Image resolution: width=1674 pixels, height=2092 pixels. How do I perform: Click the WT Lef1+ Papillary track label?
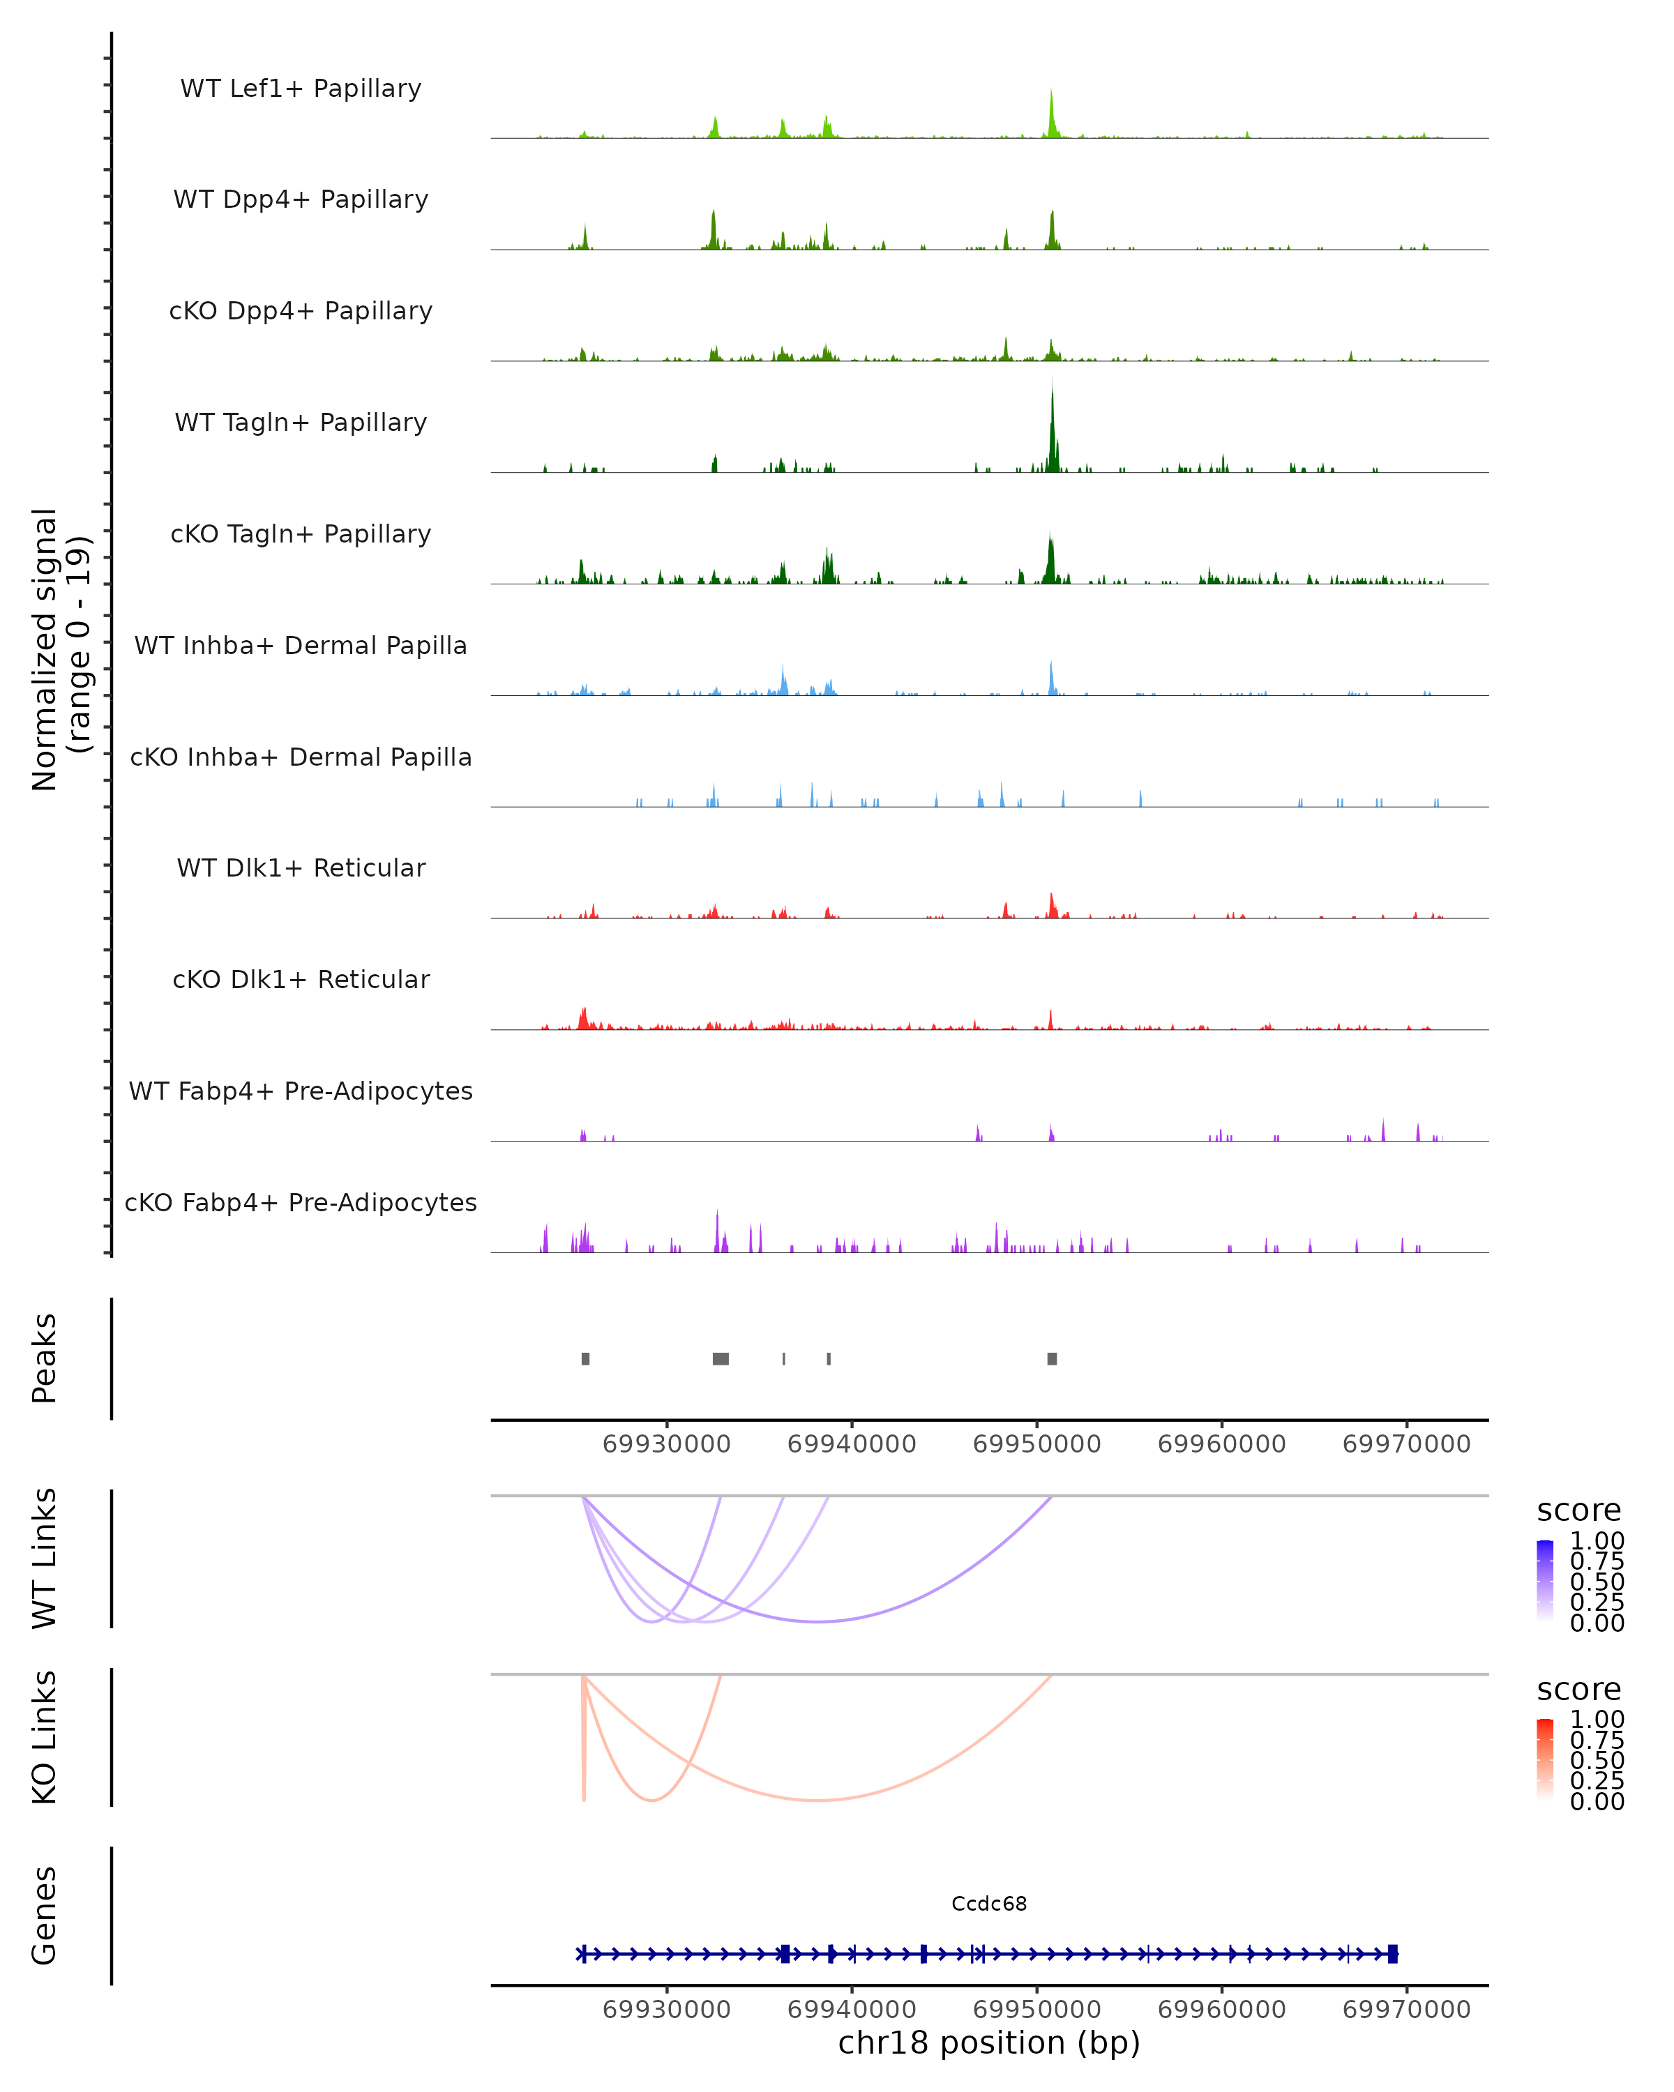[301, 89]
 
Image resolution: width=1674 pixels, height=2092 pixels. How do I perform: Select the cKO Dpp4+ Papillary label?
[301, 312]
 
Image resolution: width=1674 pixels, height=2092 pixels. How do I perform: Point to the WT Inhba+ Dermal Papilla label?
[301, 646]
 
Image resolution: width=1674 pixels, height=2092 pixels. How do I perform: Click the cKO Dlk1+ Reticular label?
[301, 980]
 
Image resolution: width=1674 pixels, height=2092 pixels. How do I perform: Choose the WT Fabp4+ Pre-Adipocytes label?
[301, 1091]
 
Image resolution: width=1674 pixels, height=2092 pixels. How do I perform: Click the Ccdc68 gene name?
[989, 1904]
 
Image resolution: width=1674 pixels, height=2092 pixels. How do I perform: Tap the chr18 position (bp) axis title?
[989, 2043]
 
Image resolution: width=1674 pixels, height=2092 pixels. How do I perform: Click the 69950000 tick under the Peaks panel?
[1036, 1445]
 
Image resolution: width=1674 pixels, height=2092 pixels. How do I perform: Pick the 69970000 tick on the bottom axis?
[1406, 2010]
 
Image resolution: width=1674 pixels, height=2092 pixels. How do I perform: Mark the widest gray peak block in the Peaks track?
[721, 1359]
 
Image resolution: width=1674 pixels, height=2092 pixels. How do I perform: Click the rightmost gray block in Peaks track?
[1052, 1359]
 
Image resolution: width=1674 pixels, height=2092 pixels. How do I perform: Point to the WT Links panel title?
[45, 1559]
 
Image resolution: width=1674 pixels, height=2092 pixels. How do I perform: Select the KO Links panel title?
[45, 1737]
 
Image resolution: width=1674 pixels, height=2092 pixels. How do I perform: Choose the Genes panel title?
[45, 1916]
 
